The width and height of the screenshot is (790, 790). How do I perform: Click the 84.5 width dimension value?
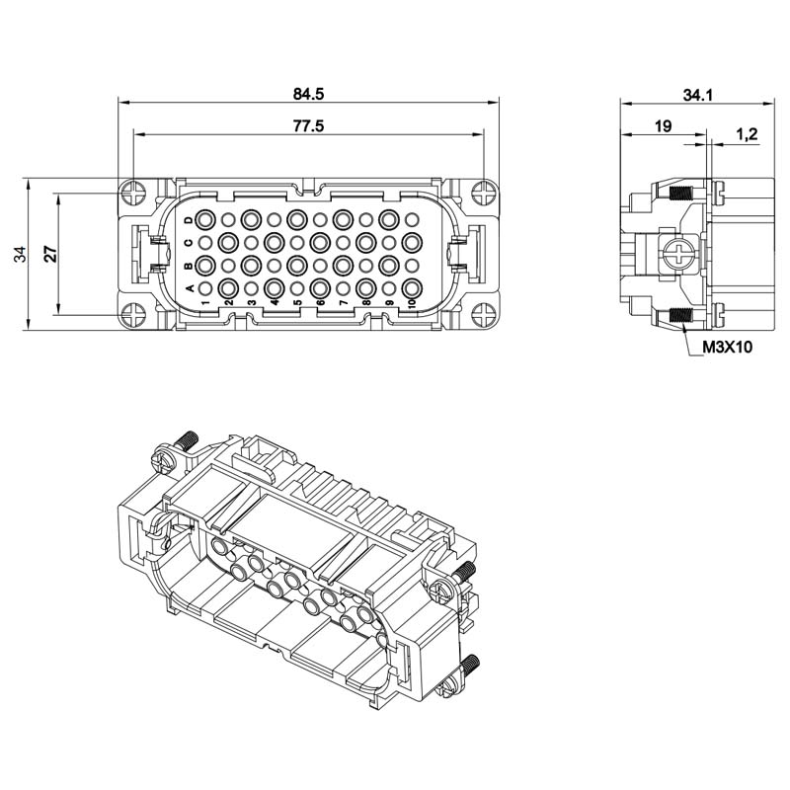point(308,94)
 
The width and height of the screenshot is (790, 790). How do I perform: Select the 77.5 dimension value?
point(308,125)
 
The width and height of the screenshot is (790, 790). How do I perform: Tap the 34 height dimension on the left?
point(20,254)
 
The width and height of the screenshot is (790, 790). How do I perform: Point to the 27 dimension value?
point(51,254)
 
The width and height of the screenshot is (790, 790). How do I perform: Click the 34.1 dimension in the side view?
point(698,95)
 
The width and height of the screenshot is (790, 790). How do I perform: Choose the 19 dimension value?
point(663,126)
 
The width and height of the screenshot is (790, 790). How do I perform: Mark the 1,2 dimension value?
point(747,134)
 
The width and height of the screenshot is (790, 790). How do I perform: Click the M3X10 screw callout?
point(727,347)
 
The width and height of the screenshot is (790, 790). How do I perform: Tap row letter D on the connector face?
point(189,220)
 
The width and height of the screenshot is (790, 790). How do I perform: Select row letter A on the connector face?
point(190,288)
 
